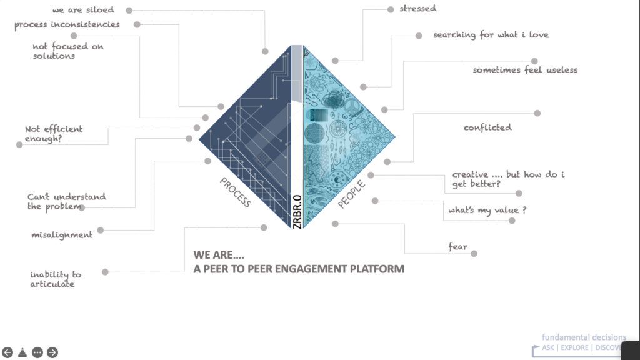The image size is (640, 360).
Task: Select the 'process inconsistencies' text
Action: point(67,25)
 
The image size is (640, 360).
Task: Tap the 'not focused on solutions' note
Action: point(68,51)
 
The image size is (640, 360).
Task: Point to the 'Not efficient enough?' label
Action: point(54,133)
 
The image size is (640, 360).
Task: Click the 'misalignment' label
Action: point(62,235)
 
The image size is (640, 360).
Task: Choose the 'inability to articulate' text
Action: point(56,279)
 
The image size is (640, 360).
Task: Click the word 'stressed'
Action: point(418,9)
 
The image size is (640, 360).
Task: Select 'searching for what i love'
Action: point(491,35)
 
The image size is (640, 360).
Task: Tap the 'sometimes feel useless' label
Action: point(525,70)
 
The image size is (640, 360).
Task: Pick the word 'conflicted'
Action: point(487,127)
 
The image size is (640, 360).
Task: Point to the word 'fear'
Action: point(457,247)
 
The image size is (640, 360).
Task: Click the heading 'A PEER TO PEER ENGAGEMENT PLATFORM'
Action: point(299,269)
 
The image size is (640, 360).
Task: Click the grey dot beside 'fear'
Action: point(474,254)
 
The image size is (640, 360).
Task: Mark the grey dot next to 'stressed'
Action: point(391,9)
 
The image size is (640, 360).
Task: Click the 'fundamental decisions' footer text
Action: point(584,337)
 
